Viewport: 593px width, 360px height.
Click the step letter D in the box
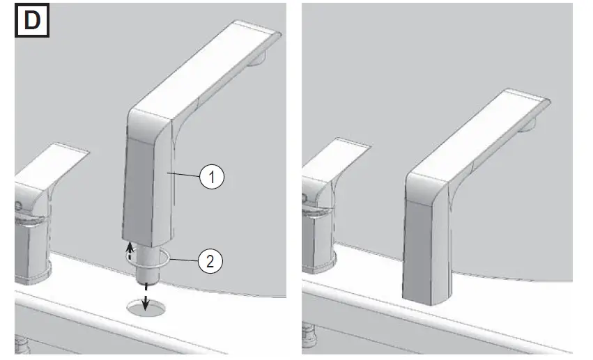pos(32,21)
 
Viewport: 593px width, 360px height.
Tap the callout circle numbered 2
pos(212,261)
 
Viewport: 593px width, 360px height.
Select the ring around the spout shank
pos(147,259)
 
